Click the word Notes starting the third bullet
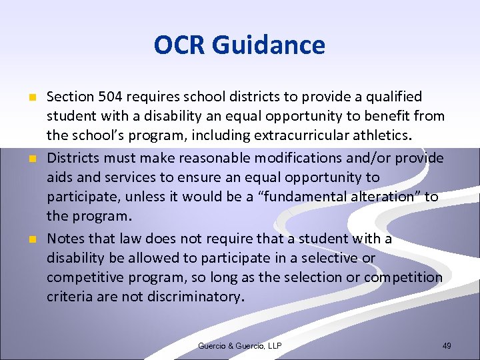65,238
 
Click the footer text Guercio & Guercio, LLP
239,345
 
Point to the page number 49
447,345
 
